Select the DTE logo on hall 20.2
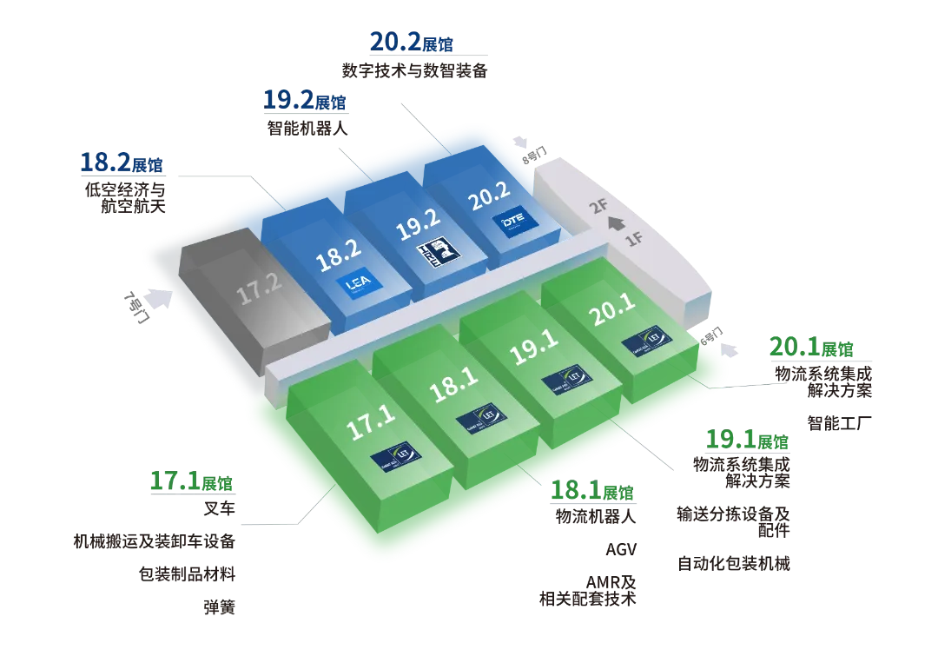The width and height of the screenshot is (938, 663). (511, 224)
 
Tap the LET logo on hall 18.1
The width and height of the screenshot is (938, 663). (472, 416)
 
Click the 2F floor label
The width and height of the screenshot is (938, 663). (598, 206)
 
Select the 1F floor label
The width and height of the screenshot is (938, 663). (636, 239)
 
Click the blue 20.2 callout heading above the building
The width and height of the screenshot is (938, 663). (412, 41)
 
